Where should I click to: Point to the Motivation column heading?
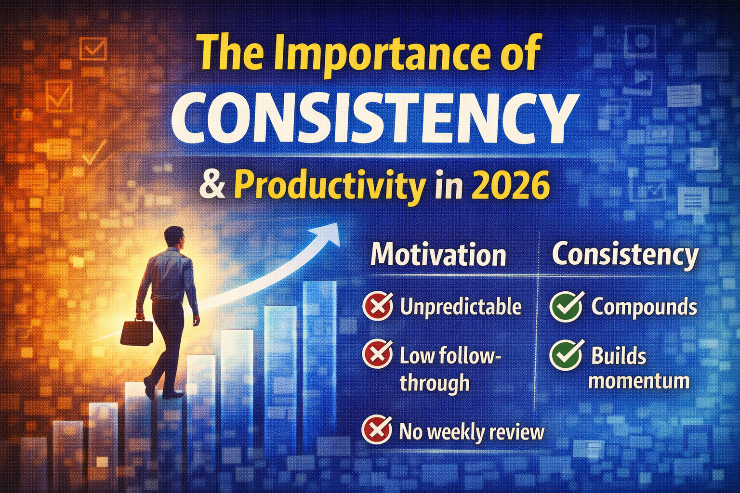[x=438, y=255]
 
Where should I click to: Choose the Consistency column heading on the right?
[x=625, y=255]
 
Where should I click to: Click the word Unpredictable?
[x=461, y=307]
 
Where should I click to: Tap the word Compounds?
[x=644, y=307]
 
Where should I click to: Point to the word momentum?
[x=640, y=381]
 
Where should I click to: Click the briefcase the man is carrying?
[x=136, y=332]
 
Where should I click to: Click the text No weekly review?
[x=472, y=432]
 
